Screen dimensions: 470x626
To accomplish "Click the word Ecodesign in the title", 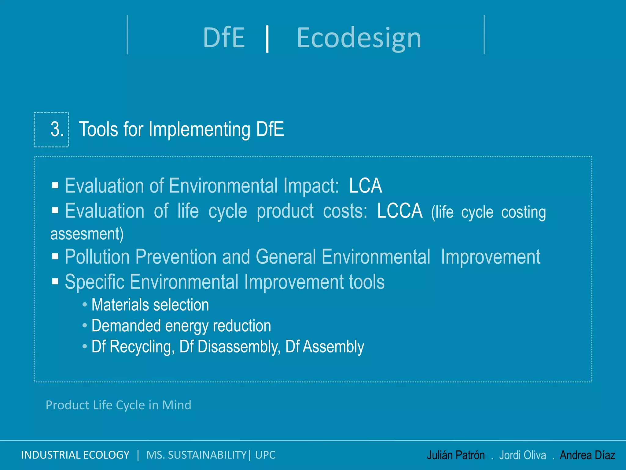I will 359,38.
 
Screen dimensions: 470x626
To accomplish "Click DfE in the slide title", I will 224,38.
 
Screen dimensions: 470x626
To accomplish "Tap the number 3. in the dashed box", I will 57,129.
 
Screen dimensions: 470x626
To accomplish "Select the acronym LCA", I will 366,186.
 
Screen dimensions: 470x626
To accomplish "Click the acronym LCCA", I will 400,211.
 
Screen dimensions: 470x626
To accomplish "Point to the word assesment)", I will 87,234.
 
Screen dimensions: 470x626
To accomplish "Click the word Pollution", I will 97,257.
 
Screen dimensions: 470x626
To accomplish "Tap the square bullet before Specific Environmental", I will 55,281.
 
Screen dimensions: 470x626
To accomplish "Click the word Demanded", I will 126,326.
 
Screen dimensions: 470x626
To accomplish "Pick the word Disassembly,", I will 230,347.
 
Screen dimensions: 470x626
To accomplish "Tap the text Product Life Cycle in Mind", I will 118,405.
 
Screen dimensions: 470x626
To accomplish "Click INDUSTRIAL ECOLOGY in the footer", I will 75,455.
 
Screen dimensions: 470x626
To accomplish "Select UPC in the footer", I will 265,455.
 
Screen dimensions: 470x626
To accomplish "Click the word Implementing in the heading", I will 199,129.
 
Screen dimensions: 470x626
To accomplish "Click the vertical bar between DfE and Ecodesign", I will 267,39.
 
